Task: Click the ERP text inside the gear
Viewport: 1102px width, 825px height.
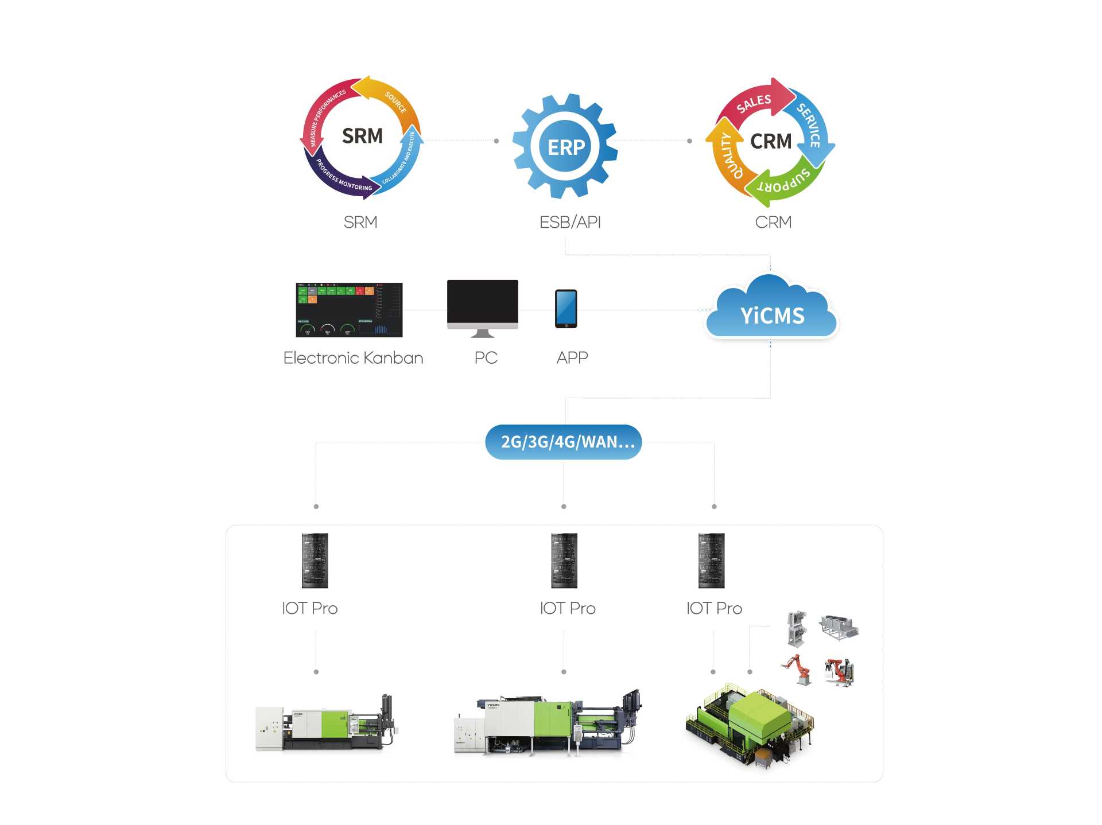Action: pyautogui.click(x=566, y=147)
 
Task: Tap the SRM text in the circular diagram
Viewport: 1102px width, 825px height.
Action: pyautogui.click(x=362, y=136)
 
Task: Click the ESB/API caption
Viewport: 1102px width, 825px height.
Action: pyautogui.click(x=570, y=222)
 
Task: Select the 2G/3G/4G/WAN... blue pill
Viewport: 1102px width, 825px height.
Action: pyautogui.click(x=564, y=442)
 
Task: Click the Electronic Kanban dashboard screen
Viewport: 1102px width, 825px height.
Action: pyautogui.click(x=349, y=310)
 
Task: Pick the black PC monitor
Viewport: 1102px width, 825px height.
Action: pyautogui.click(x=482, y=303)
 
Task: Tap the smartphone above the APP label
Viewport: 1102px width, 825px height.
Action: pyautogui.click(x=566, y=309)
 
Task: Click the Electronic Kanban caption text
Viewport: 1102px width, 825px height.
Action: pyautogui.click(x=353, y=358)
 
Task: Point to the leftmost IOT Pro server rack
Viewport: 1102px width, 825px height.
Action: pyautogui.click(x=315, y=561)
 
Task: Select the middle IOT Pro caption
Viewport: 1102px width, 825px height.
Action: pyautogui.click(x=568, y=608)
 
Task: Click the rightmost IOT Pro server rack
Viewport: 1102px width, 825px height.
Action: pyautogui.click(x=711, y=561)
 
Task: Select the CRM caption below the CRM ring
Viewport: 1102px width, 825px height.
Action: pyautogui.click(x=773, y=222)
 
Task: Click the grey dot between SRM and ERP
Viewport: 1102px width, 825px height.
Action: pyautogui.click(x=496, y=141)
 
